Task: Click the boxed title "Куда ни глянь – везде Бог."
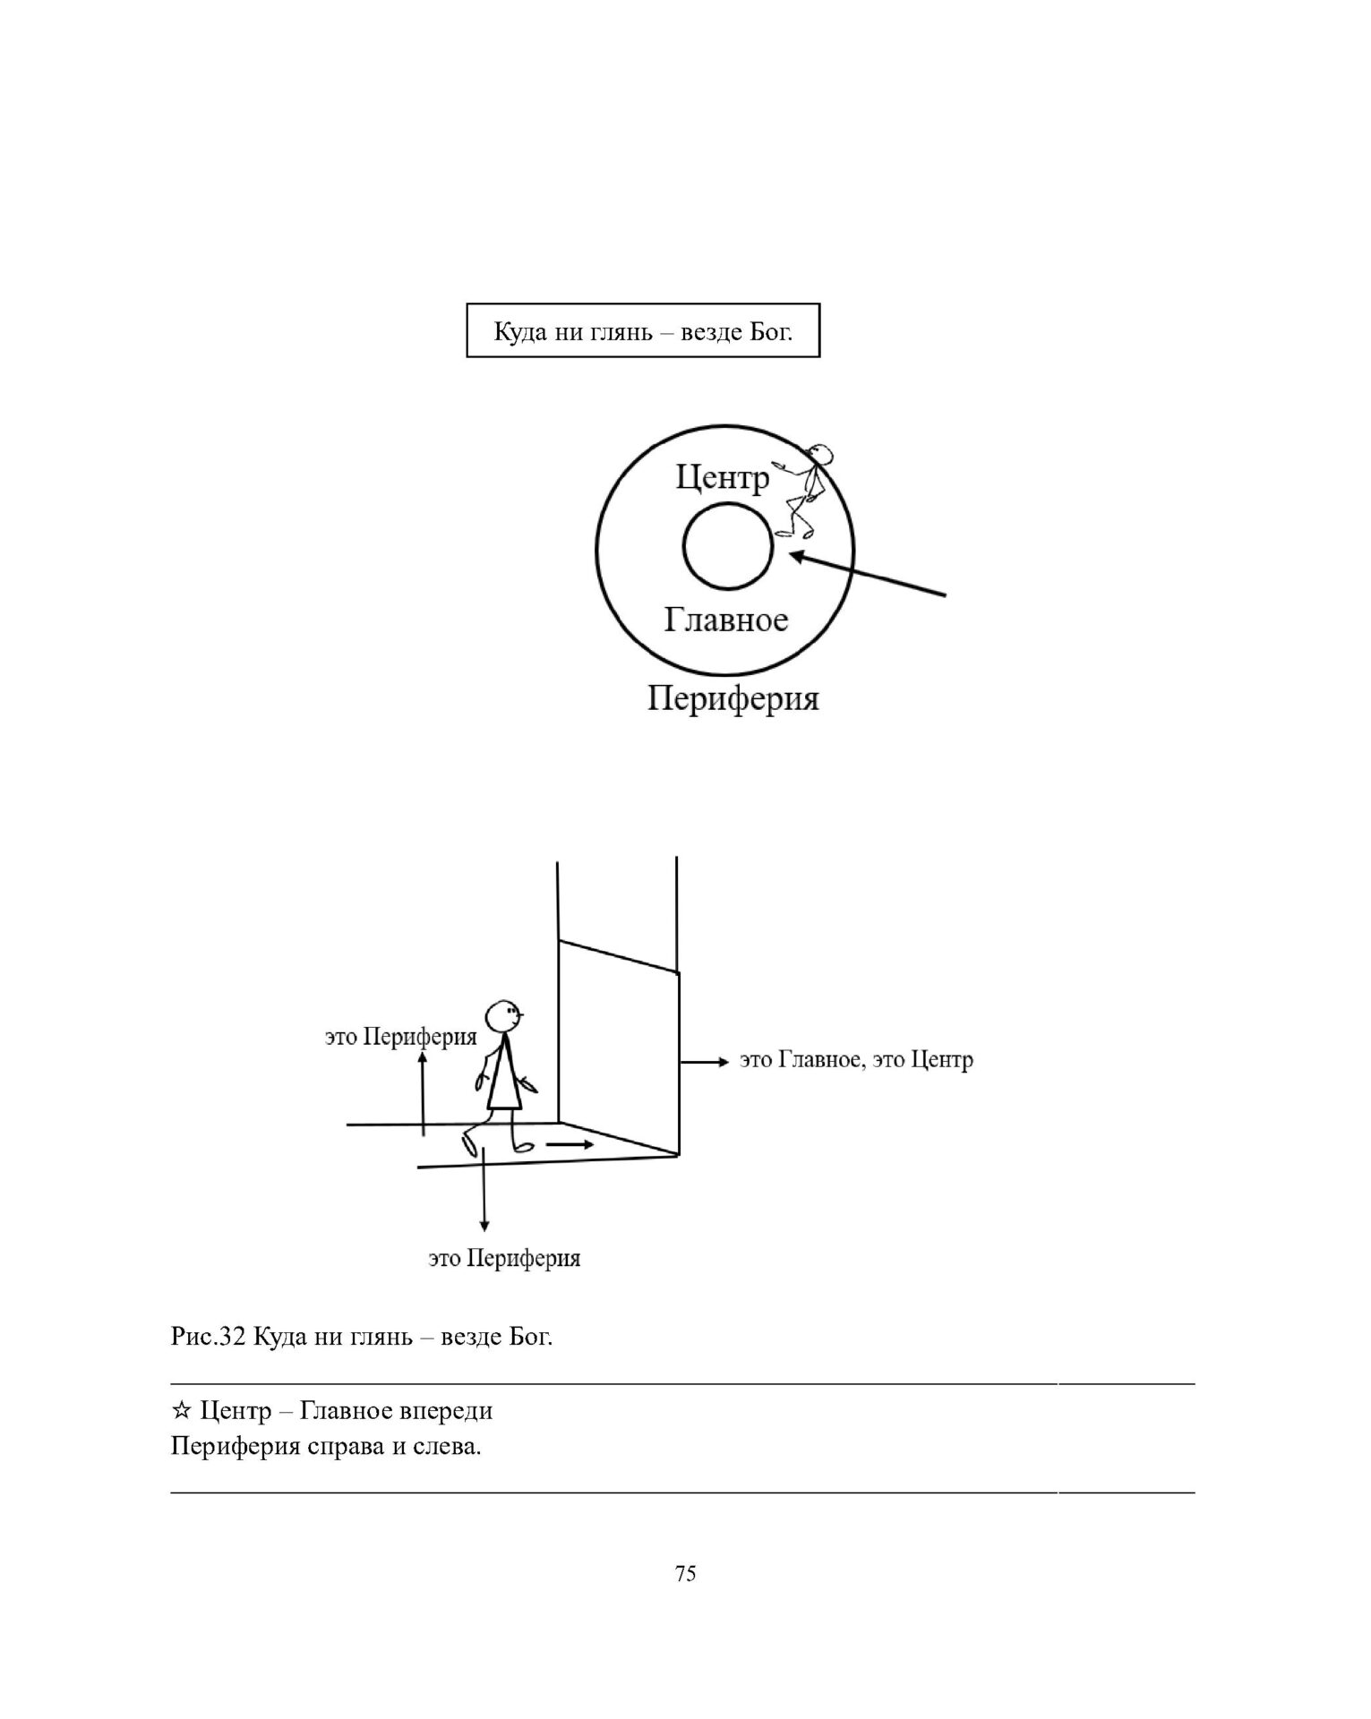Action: click(643, 332)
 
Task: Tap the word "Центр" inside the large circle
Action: click(722, 477)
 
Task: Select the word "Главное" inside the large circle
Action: click(726, 620)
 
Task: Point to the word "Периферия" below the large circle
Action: click(733, 698)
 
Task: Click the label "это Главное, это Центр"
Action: click(856, 1061)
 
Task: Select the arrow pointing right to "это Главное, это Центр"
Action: click(703, 1062)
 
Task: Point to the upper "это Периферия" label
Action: click(400, 1038)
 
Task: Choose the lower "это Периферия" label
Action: click(504, 1259)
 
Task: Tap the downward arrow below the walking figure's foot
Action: click(484, 1190)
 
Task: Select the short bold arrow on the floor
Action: click(570, 1145)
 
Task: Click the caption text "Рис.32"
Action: click(208, 1338)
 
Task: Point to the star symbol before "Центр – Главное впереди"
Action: click(180, 1412)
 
